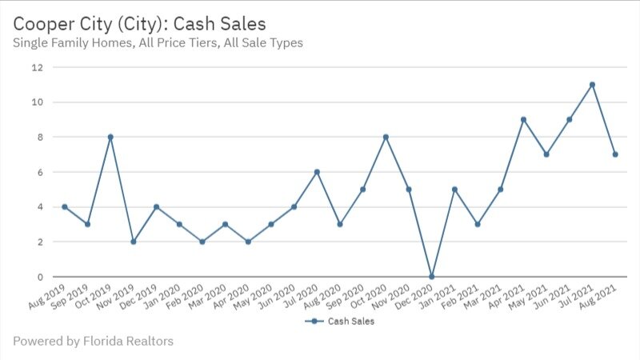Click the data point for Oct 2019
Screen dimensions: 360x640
(110, 137)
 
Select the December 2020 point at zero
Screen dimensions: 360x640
(432, 277)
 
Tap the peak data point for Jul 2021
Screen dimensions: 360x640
(592, 85)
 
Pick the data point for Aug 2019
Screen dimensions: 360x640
(64, 207)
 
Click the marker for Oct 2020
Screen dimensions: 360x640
(386, 137)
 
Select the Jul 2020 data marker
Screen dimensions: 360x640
(317, 172)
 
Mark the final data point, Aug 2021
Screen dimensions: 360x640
(615, 154)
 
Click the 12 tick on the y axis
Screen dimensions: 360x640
(37, 67)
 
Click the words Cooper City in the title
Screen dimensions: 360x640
(60, 24)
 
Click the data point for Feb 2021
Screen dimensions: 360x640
(478, 225)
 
